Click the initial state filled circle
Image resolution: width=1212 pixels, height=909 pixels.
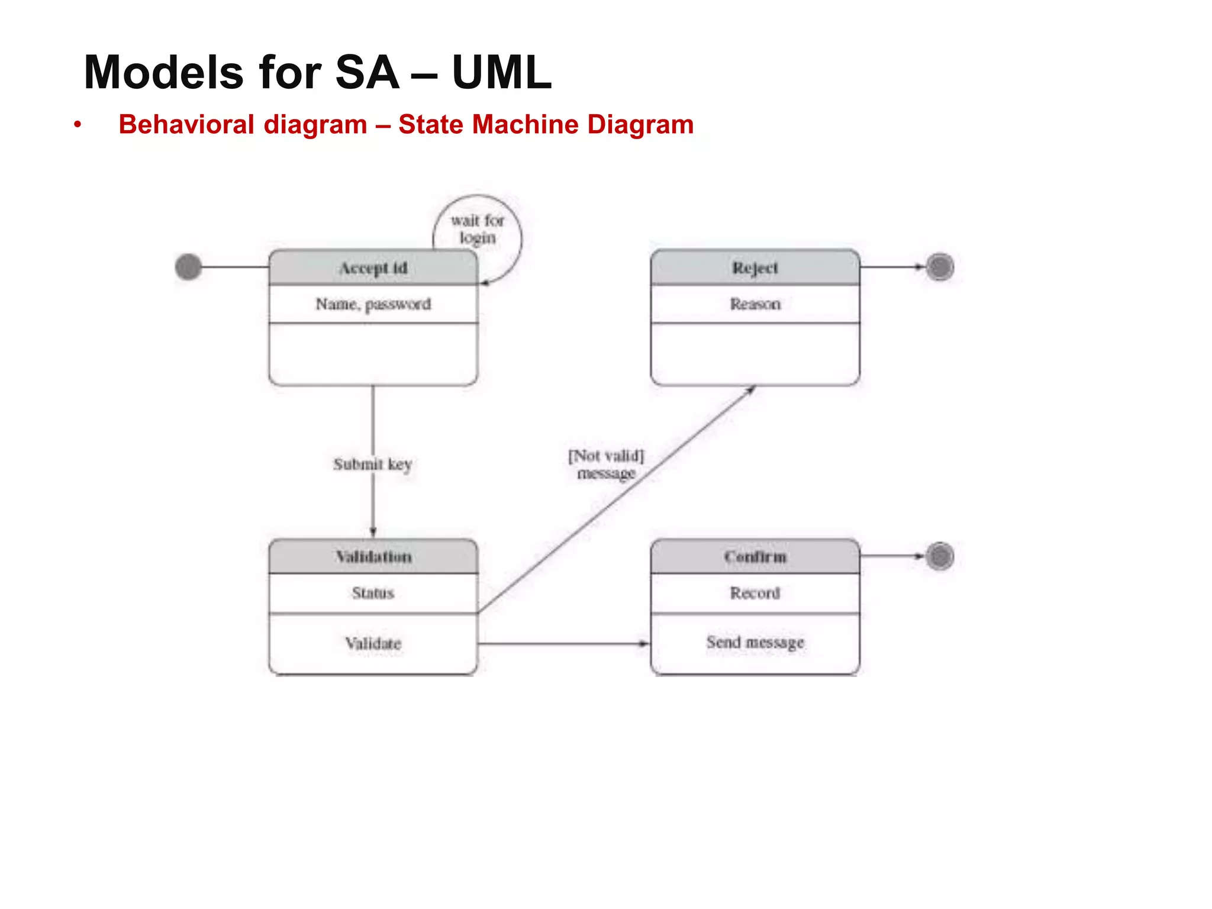tap(188, 267)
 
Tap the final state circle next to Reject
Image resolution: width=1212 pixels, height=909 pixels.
tap(940, 267)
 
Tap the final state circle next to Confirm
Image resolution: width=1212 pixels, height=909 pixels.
tap(940, 556)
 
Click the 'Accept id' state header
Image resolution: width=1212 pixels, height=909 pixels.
tap(373, 268)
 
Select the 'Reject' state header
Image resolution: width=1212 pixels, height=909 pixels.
tap(755, 268)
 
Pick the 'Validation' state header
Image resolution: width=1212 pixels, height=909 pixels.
tap(373, 557)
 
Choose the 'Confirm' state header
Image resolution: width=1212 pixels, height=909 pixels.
tap(755, 557)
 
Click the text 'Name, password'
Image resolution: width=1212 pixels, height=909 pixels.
tap(373, 304)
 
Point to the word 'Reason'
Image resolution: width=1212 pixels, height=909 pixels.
tap(755, 304)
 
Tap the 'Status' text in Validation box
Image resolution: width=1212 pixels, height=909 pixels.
tap(373, 593)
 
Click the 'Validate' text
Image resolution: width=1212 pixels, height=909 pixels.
tap(373, 643)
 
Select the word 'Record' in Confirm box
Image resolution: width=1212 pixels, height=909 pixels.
tap(755, 593)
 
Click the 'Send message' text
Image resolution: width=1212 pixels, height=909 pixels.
tap(755, 642)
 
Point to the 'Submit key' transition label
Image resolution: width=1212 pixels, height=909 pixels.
tap(372, 465)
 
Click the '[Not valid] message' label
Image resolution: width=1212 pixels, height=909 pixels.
tap(605, 465)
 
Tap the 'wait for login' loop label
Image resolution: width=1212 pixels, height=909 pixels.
tap(477, 229)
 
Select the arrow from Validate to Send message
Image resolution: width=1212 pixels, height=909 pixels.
tap(562, 643)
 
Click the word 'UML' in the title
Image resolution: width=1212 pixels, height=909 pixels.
tap(501, 72)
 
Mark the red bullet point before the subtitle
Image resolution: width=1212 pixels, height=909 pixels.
tap(77, 125)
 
